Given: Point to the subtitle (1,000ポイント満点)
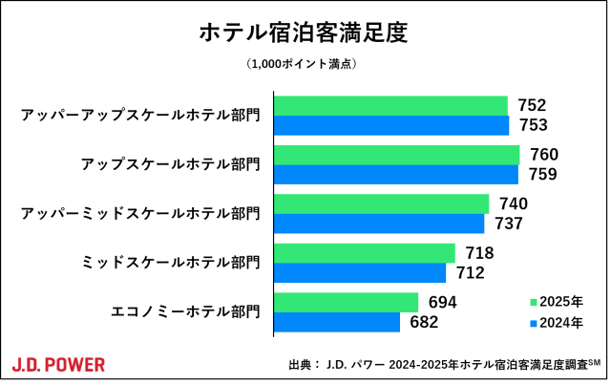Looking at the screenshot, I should click(x=304, y=64).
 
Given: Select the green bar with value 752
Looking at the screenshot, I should click(x=390, y=105).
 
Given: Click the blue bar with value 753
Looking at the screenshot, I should click(x=391, y=125).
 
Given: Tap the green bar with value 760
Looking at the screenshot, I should click(x=397, y=155).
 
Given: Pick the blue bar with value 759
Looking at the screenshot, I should click(x=396, y=175).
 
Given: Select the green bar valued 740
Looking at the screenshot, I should click(x=382, y=203).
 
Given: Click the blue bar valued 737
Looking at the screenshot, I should click(x=380, y=224).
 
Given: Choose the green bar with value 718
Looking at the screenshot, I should click(x=365, y=252).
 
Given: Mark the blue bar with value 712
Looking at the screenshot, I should click(x=360, y=272).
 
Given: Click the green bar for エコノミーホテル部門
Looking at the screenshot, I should click(x=347, y=302).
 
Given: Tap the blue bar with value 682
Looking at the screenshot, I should click(x=337, y=322).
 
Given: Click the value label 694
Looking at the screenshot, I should click(x=442, y=302).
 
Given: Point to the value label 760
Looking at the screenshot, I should click(x=543, y=155).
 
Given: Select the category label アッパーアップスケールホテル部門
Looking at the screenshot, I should click(x=140, y=116).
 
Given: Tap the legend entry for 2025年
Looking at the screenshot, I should click(x=557, y=301).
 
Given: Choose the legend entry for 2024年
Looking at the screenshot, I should click(x=557, y=323).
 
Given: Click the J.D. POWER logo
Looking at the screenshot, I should click(x=59, y=364).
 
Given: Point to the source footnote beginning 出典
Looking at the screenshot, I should click(x=445, y=365).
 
